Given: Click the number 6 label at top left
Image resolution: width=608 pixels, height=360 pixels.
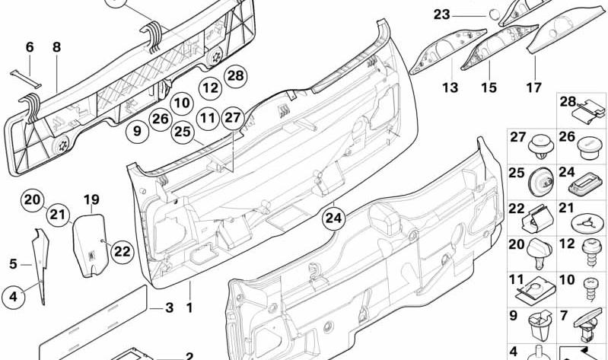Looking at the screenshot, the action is pos(30,47).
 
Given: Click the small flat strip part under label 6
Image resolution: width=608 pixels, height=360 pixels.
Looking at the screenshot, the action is pos(26,78).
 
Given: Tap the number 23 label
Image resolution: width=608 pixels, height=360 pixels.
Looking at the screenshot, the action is pos(441,14).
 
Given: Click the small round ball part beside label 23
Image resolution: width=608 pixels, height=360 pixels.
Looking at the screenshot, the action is pos(493,14).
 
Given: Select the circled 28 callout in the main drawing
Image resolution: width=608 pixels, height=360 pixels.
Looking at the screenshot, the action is pos(235,75).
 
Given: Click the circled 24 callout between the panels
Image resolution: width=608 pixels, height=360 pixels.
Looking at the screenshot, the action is pos(333,218).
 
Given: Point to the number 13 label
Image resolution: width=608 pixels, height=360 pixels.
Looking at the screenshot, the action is pos(450,88).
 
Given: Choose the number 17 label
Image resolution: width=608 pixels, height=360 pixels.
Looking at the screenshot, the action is pos(533,88).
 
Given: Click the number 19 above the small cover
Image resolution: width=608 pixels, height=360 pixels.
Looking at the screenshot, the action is pos(91,199).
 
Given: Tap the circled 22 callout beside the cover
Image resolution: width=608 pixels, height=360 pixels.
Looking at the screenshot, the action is pos(123,251).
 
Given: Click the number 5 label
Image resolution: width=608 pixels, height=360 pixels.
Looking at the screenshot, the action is pos(13,264).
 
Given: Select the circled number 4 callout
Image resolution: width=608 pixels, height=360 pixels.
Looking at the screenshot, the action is pos(13,297).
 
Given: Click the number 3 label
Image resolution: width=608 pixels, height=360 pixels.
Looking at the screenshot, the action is pos(169,308).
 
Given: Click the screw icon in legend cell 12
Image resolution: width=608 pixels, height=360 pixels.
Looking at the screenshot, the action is pos(591,252).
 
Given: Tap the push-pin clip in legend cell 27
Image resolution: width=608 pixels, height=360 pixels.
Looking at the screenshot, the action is pos(540,147).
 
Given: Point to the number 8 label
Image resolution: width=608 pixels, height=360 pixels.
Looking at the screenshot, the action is pos(56,47).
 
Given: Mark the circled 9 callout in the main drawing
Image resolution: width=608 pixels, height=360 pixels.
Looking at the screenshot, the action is pos(137,132).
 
